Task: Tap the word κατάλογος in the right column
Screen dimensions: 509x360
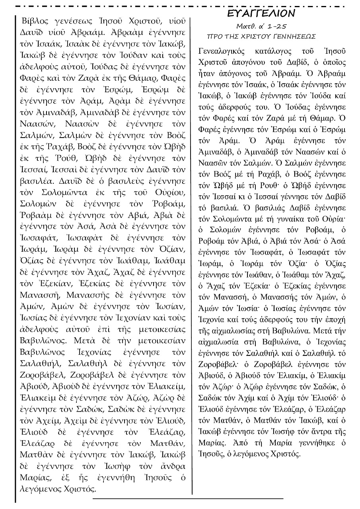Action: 278,52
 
